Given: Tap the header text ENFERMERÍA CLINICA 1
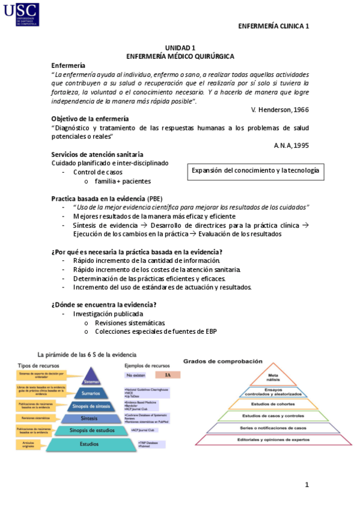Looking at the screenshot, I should (273, 26).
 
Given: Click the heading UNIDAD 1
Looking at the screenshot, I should (180, 48).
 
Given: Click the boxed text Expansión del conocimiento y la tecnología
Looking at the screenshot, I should (256, 171).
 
